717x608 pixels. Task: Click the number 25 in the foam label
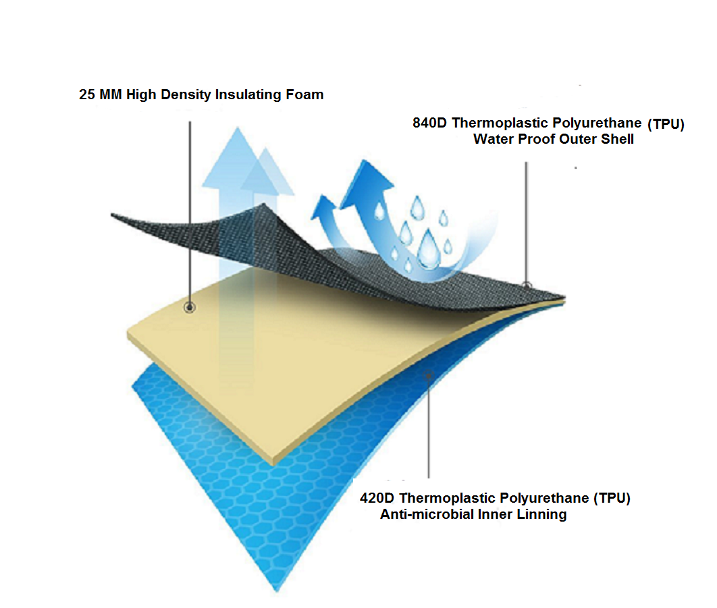pyautogui.click(x=87, y=94)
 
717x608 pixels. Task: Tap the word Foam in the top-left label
pyautogui.click(x=304, y=94)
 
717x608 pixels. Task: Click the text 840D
pyautogui.click(x=429, y=123)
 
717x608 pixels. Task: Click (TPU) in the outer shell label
pyautogui.click(x=666, y=124)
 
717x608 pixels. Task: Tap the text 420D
pyautogui.click(x=377, y=498)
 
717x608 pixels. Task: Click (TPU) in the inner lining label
pyautogui.click(x=612, y=498)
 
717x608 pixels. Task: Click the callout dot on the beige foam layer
pyautogui.click(x=190, y=307)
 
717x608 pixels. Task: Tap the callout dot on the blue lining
pyautogui.click(x=429, y=376)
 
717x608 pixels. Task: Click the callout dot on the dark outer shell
pyautogui.click(x=527, y=286)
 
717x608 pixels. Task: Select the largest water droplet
pyautogui.click(x=429, y=249)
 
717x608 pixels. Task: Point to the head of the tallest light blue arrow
pyautogui.click(x=238, y=158)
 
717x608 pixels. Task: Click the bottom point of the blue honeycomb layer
pyautogui.click(x=277, y=592)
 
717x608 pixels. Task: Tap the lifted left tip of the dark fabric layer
pyautogui.click(x=112, y=215)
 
